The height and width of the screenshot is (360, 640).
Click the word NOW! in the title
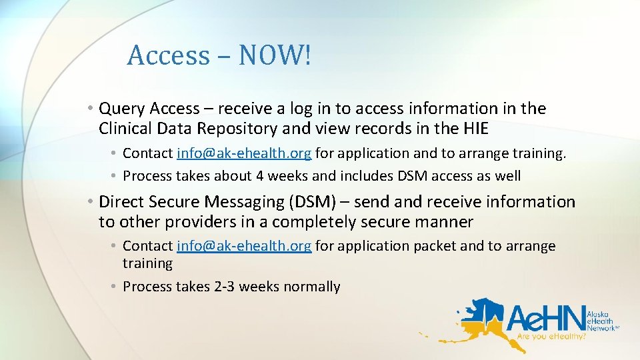275,55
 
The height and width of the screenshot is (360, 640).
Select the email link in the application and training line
244,153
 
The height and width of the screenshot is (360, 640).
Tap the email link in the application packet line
244,245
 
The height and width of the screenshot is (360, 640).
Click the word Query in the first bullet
122,109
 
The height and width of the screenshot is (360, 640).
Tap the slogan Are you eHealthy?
551,337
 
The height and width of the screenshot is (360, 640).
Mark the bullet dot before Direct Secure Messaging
90,202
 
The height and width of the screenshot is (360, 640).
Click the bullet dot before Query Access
90,109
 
